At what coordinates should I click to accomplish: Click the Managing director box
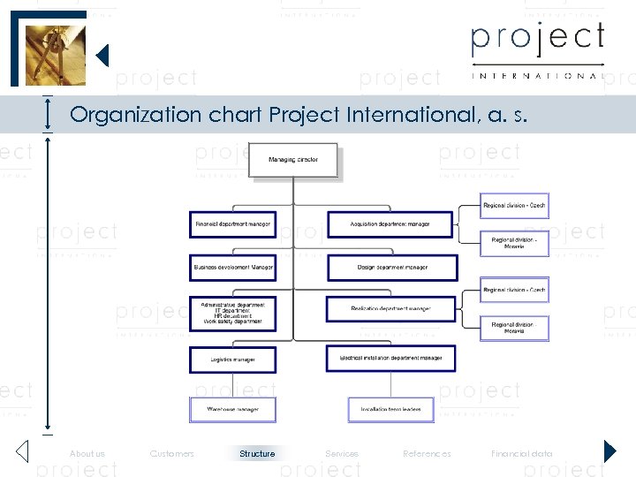tap(292, 160)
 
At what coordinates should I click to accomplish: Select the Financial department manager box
tap(232, 224)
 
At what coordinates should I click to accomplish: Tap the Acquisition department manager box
tap(390, 224)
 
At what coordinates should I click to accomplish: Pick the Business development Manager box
tap(232, 267)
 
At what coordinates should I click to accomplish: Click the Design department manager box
tap(392, 268)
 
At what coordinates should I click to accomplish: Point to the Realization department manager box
tap(390, 309)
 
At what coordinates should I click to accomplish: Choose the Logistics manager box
tap(232, 360)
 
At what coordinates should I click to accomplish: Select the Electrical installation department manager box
tap(390, 358)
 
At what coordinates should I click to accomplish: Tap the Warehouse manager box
tap(232, 410)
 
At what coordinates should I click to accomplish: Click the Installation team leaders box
tap(390, 410)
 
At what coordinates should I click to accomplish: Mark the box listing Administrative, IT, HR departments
tap(232, 313)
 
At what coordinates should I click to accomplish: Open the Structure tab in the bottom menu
tap(257, 454)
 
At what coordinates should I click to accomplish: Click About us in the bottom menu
tap(87, 454)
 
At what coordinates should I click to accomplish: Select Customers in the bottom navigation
tap(172, 454)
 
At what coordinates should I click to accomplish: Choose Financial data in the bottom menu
tap(522, 454)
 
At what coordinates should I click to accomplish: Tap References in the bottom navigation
tap(427, 454)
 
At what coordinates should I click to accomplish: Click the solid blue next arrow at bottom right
tap(609, 451)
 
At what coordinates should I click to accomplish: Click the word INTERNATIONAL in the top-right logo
tap(537, 76)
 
